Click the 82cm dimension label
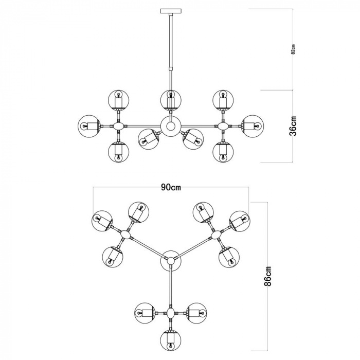[293, 49]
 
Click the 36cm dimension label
[294, 126]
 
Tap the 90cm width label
[171, 187]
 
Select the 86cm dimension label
[268, 276]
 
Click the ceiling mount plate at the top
[171, 11]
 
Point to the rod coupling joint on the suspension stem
[171, 68]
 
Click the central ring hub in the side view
[171, 126]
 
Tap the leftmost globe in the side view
[89, 126]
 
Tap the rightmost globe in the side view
[253, 126]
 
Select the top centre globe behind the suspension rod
[171, 100]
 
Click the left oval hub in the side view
[118, 126]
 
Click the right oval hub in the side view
[223, 126]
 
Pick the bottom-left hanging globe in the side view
[118, 152]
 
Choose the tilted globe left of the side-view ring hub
[149, 139]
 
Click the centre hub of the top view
[171, 261]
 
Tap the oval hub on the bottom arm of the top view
[171, 313]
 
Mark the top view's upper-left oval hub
[126, 235]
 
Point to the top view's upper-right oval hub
[215, 235]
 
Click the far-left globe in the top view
[102, 221]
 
